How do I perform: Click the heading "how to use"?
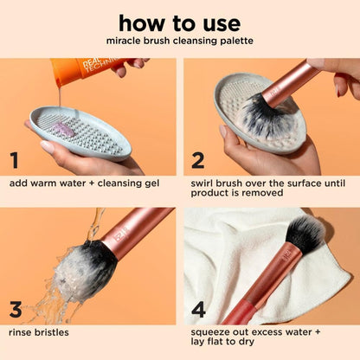coord(180,21)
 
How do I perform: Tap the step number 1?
coord(15,160)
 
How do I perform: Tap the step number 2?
coord(197,160)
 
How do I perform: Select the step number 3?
coord(15,309)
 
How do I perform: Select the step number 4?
coord(198,309)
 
